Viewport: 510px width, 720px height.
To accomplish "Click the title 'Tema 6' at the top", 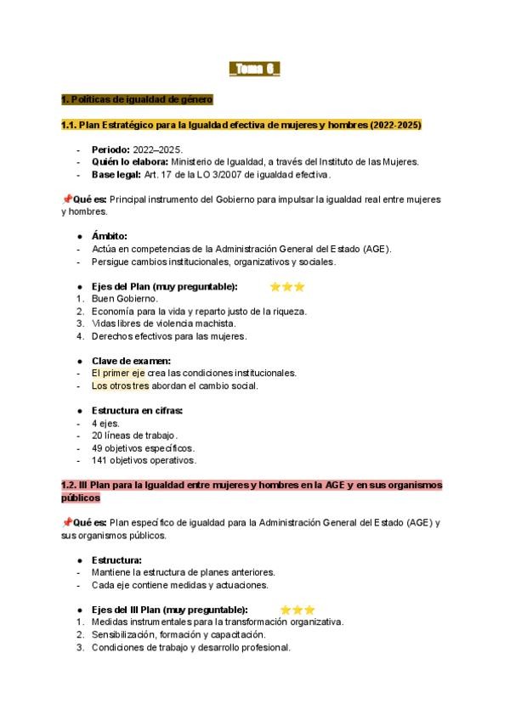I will [255, 69].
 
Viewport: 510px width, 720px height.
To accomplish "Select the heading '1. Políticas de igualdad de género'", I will [137, 99].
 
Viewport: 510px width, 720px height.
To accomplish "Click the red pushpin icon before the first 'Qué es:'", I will [66, 200].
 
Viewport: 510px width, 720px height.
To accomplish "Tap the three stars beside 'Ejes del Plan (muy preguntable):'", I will [286, 287].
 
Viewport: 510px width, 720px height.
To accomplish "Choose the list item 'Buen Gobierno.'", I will [125, 299].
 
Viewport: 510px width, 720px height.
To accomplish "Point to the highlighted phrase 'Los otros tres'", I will [120, 385].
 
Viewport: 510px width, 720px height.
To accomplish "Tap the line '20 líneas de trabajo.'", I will [135, 436].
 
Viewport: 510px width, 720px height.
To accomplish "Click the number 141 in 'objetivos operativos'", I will [99, 460].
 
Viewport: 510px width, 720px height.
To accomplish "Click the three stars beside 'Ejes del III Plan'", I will [297, 610].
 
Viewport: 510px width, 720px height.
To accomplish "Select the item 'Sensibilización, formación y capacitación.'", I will [178, 634].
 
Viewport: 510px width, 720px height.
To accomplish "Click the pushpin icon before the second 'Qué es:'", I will [66, 523].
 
